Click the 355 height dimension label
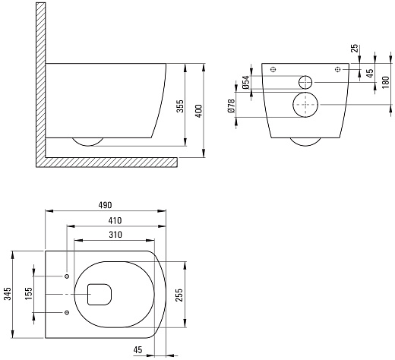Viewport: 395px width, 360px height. pos(180,106)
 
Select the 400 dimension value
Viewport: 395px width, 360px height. pos(199,111)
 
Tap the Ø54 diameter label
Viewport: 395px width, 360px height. pos(245,82)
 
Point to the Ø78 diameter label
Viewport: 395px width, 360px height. pos(232,106)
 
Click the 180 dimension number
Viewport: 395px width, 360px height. pos(385,82)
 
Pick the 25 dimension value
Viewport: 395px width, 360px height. pos(355,48)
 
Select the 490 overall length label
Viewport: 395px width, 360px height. pos(105,205)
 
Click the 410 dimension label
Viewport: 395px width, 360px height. pos(115,220)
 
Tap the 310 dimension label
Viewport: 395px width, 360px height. pos(115,235)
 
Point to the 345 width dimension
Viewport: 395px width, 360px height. pos(8,294)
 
